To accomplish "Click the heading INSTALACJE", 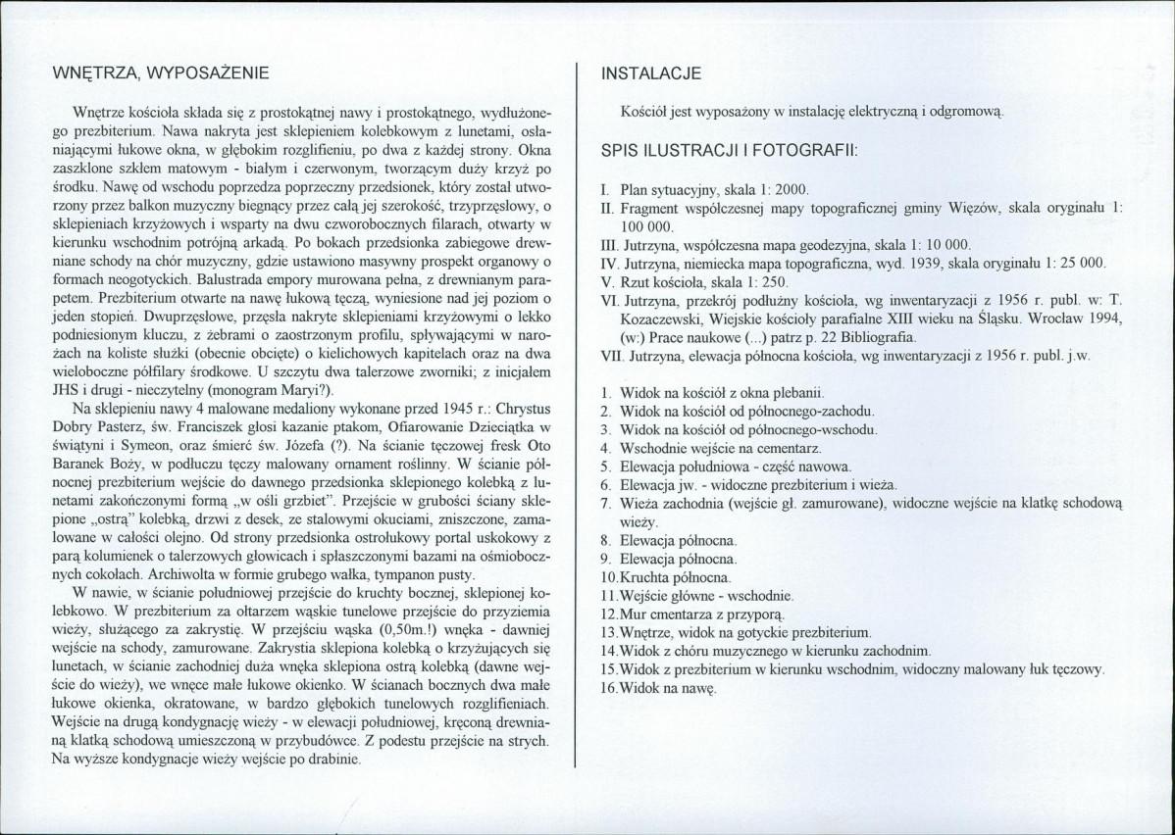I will tap(651, 74).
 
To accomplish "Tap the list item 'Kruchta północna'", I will tap(668, 576).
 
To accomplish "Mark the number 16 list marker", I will tap(609, 688).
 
